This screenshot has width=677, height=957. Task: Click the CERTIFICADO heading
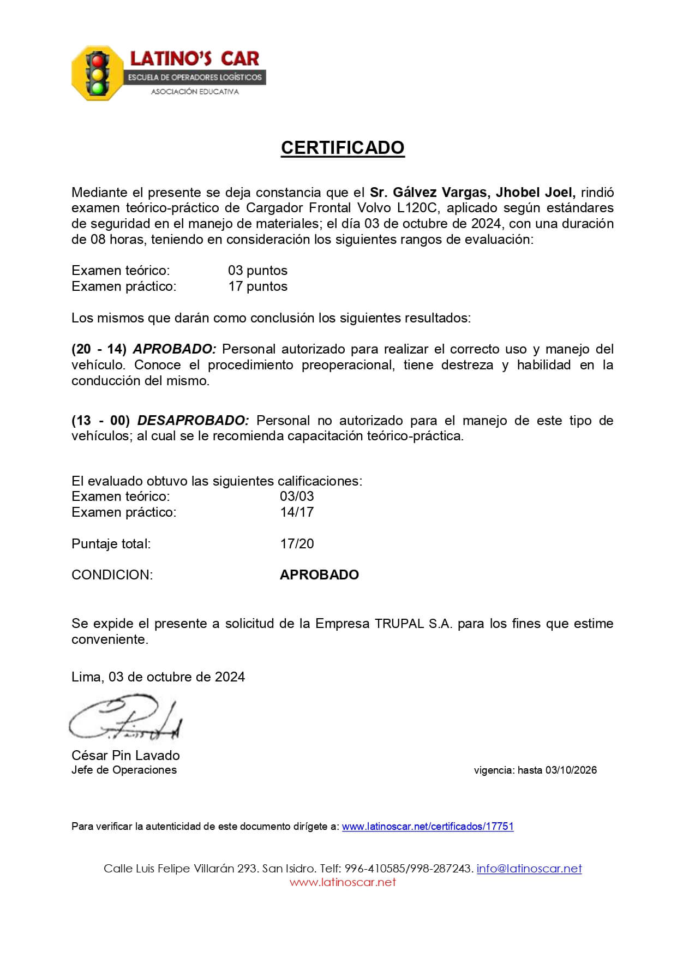pyautogui.click(x=343, y=148)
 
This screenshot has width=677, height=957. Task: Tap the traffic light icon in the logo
pyautogui.click(x=98, y=74)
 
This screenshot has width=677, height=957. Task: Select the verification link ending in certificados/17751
pyautogui.click(x=428, y=826)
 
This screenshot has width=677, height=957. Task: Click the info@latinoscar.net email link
pyautogui.click(x=529, y=869)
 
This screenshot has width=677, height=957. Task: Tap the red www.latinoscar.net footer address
pyautogui.click(x=343, y=882)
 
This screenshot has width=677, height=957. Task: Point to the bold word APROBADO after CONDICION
pyautogui.click(x=319, y=575)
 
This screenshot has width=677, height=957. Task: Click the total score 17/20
pyautogui.click(x=297, y=543)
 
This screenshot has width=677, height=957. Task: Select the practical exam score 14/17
pyautogui.click(x=297, y=512)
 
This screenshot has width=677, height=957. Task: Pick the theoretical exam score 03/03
pyautogui.click(x=297, y=497)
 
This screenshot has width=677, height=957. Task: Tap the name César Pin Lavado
pyautogui.click(x=125, y=756)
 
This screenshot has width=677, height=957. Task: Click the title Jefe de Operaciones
pyautogui.click(x=124, y=770)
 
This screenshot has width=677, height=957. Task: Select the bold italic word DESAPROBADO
pyautogui.click(x=193, y=421)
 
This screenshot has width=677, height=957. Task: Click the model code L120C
pyautogui.click(x=419, y=208)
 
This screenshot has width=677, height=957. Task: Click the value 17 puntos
pyautogui.click(x=257, y=286)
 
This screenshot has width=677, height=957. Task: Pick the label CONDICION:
pyautogui.click(x=112, y=575)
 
